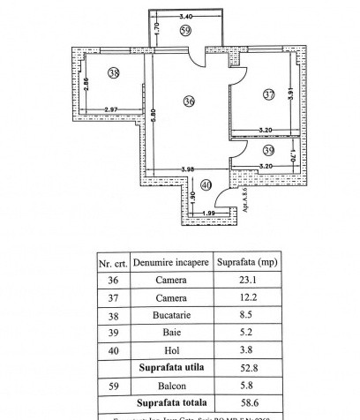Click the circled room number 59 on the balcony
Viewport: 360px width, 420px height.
pyautogui.click(x=184, y=31)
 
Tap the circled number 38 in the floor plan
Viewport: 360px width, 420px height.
pyautogui.click(x=113, y=73)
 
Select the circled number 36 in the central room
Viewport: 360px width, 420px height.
pyautogui.click(x=189, y=101)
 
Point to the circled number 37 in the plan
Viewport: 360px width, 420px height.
pyautogui.click(x=268, y=94)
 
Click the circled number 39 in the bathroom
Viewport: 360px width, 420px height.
pyautogui.click(x=269, y=151)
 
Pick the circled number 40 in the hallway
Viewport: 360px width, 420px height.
pyautogui.click(x=206, y=184)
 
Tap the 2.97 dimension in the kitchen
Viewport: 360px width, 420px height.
pyautogui.click(x=111, y=109)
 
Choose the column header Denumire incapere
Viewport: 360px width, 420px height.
pyautogui.click(x=172, y=262)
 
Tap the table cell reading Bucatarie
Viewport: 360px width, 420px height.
pyautogui.click(x=172, y=313)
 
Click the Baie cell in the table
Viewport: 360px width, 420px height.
pyautogui.click(x=172, y=330)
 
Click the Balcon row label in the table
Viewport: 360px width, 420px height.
pyautogui.click(x=172, y=381)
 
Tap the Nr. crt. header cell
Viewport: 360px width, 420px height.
pyautogui.click(x=114, y=263)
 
